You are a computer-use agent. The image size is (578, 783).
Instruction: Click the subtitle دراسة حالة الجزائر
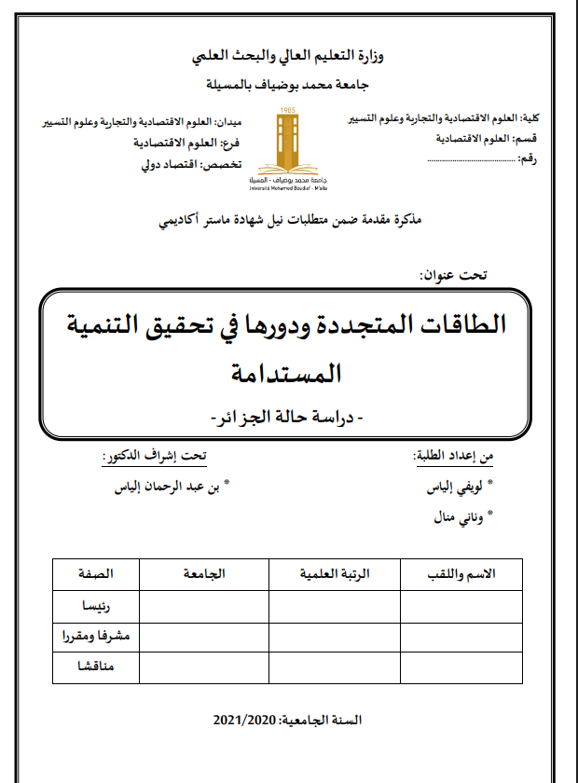pos(289,413)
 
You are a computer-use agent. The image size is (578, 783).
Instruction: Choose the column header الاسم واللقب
pos(460,574)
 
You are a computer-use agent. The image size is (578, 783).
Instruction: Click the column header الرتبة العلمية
pos(334,574)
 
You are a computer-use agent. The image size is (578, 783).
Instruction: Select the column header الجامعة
pos(203,574)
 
